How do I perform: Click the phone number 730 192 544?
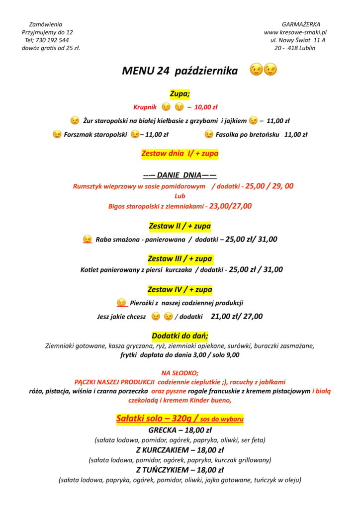52,40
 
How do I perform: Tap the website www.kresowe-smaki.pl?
295,32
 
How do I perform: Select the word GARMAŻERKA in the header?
301,24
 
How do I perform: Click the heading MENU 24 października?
180,71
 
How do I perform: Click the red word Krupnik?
145,107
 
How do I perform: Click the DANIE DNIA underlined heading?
180,175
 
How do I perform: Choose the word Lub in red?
180,196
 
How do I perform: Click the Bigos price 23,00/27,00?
230,206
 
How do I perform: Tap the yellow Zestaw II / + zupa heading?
180,227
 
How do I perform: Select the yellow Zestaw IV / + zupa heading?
180,289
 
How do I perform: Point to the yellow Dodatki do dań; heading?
180,336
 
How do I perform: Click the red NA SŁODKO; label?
180,373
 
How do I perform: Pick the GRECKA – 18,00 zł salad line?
180,430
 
